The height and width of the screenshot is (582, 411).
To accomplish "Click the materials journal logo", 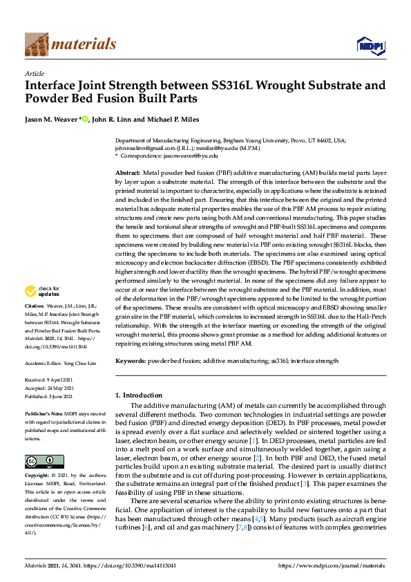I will [70, 44].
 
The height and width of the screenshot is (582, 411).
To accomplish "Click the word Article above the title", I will [34, 73].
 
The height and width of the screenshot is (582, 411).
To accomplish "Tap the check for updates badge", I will [44, 310].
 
